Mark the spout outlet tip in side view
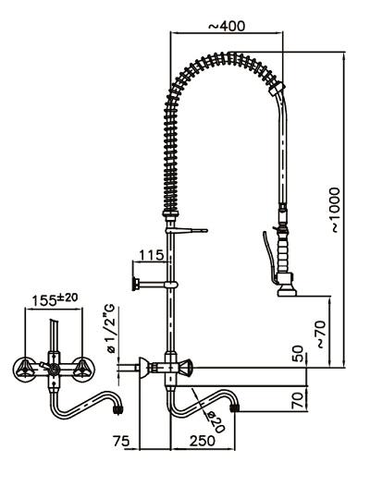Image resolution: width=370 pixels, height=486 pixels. [241, 405]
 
